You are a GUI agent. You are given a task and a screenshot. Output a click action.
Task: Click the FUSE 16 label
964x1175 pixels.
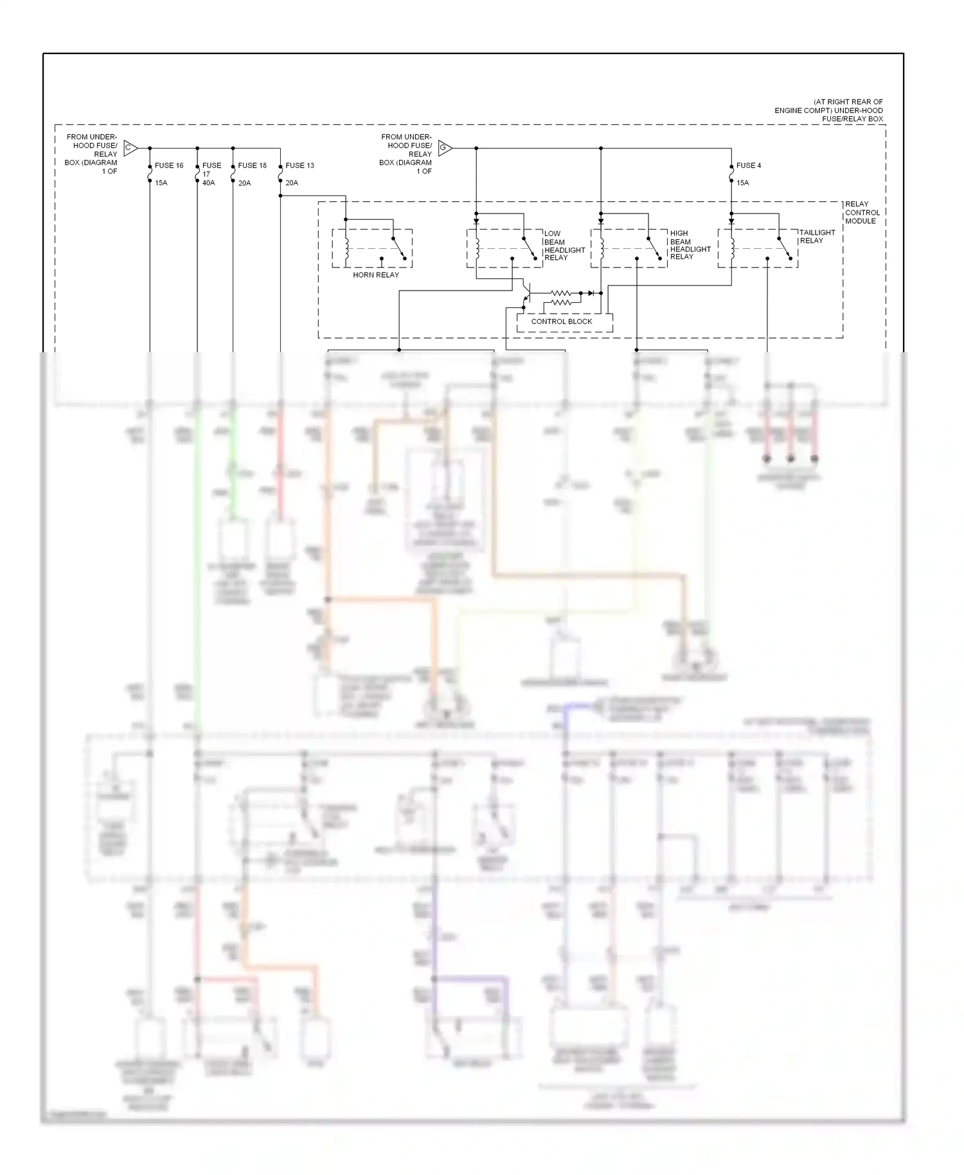[169, 166]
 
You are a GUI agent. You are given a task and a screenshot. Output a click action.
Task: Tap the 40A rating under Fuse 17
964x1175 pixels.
[209, 183]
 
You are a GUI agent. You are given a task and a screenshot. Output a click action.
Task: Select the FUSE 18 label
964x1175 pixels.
[252, 166]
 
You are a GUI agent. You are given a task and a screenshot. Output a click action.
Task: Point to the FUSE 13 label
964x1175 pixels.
[299, 166]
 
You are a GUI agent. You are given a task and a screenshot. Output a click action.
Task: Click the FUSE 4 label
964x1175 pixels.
[748, 166]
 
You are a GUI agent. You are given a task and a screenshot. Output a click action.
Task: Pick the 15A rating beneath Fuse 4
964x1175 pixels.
[742, 183]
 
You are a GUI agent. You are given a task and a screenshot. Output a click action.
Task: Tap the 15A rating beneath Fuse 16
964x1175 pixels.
[161, 183]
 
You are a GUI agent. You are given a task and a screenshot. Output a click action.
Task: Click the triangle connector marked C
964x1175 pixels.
[129, 148]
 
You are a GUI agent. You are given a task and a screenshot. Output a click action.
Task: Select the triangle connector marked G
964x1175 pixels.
[444, 148]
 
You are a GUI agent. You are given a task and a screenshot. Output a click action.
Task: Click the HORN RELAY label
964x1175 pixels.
[376, 275]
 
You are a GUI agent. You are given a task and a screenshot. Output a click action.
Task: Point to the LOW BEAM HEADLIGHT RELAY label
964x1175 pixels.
[564, 246]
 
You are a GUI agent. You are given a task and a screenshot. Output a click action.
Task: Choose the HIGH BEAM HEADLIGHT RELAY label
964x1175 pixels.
[690, 245]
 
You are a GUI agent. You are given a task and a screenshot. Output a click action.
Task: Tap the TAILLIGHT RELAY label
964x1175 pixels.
[817, 237]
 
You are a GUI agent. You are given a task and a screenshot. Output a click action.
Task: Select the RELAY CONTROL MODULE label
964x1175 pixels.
[862, 213]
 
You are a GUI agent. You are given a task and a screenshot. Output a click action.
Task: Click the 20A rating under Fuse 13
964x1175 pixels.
[292, 183]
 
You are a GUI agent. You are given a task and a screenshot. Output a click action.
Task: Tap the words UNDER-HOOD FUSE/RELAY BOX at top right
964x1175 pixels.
[829, 115]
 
